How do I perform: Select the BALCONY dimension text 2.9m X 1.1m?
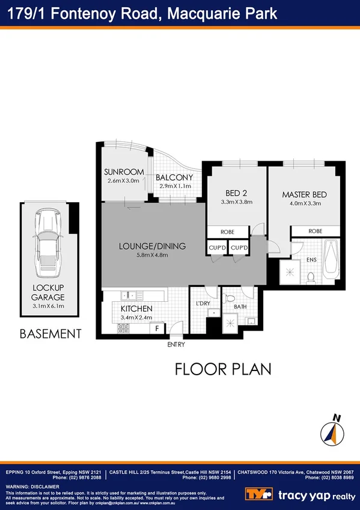click(x=175, y=186)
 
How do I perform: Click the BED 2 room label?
click(x=237, y=193)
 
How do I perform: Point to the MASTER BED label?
click(x=304, y=195)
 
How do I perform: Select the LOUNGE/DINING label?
click(x=152, y=246)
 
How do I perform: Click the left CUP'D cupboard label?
click(x=217, y=247)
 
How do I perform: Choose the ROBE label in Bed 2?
click(x=227, y=232)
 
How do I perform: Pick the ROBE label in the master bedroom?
click(x=315, y=231)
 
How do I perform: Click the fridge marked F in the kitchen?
click(x=157, y=328)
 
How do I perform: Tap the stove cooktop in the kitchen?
click(x=124, y=328)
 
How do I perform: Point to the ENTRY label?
click(x=176, y=345)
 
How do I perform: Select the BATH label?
click(x=240, y=307)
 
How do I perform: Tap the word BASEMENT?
click(x=50, y=333)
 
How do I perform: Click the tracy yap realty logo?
click(x=301, y=495)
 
